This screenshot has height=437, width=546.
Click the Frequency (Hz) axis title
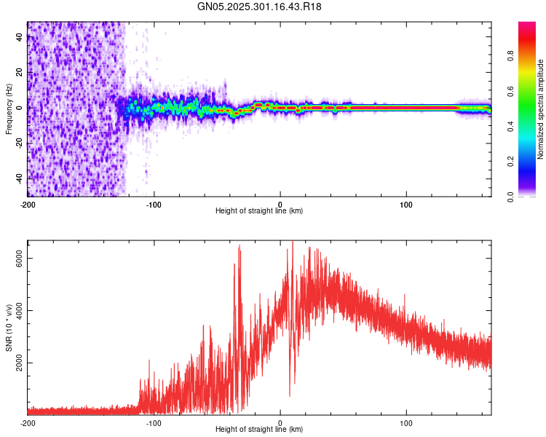[x=9, y=109]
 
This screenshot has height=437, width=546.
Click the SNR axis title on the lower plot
[x=9, y=328]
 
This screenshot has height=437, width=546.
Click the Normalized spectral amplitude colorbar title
[x=540, y=109]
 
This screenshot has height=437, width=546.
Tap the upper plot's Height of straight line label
[x=259, y=211]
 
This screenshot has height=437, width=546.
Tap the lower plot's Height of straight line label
[x=259, y=430]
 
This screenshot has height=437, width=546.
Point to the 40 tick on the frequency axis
[x=20, y=38]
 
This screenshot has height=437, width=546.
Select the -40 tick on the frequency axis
[x=20, y=178]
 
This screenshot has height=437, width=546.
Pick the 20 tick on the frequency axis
[x=20, y=73]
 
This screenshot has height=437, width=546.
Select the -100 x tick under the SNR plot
[x=154, y=422]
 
